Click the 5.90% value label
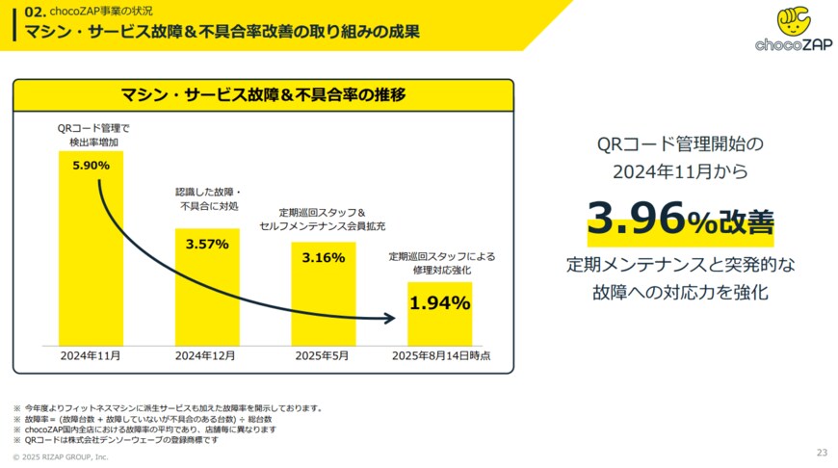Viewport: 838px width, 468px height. pyautogui.click(x=91, y=165)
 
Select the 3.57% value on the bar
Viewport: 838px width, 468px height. pyautogui.click(x=207, y=244)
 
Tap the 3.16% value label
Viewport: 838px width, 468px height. pyautogui.click(x=323, y=258)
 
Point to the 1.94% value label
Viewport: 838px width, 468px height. pyautogui.click(x=439, y=303)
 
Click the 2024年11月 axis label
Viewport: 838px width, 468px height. pyautogui.click(x=91, y=355)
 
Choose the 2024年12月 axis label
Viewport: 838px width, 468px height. pyautogui.click(x=206, y=355)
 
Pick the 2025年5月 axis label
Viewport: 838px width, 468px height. pyautogui.click(x=323, y=355)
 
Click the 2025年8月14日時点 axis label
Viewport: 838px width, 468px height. pyautogui.click(x=440, y=355)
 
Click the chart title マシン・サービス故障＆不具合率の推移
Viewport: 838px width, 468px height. pyautogui.click(x=263, y=94)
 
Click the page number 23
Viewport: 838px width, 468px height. pyautogui.click(x=822, y=452)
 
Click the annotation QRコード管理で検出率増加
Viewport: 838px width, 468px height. pyautogui.click(x=93, y=135)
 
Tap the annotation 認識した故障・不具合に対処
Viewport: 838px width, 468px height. pyautogui.click(x=207, y=199)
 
